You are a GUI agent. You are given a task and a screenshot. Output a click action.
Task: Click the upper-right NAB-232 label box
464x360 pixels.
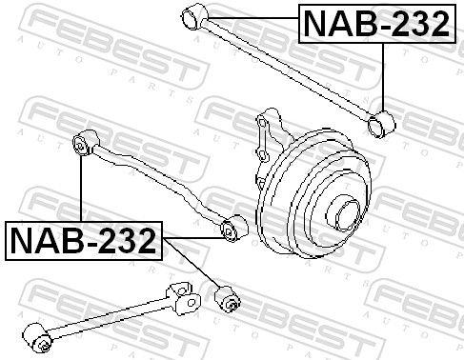click(x=377, y=24)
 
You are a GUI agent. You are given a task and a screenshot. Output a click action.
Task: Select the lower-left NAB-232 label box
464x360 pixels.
click(x=84, y=241)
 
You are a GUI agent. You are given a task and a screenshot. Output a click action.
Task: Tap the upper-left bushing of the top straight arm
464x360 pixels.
click(x=194, y=16)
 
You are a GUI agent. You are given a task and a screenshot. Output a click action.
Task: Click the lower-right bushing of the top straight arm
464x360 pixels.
click(x=381, y=124)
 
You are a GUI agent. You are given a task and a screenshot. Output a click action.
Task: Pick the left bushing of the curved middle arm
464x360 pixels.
click(x=86, y=143)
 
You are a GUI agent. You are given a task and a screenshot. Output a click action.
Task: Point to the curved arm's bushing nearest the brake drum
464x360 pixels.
click(x=234, y=228)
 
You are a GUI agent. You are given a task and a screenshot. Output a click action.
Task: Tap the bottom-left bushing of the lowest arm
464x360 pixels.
click(x=37, y=337)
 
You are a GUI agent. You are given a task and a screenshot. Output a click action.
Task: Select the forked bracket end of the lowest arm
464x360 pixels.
click(x=184, y=299)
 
